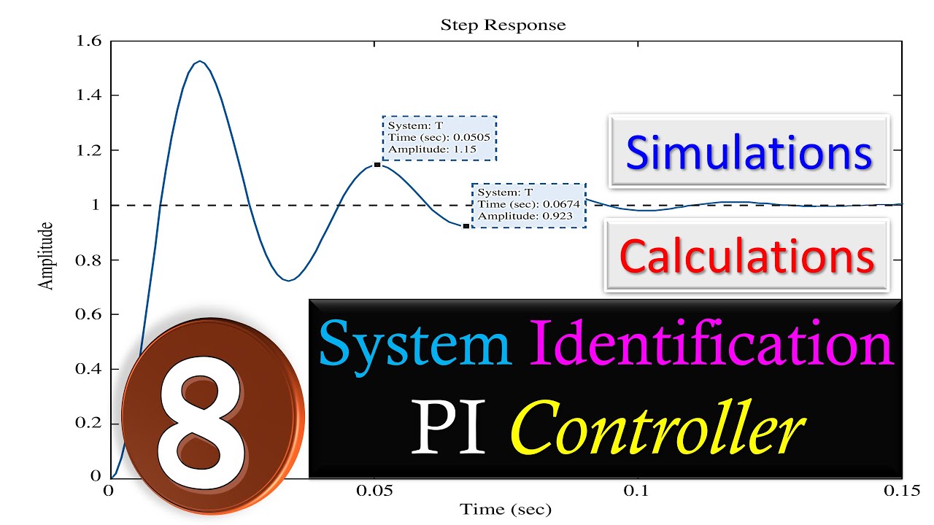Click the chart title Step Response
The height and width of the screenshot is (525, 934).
[503, 25]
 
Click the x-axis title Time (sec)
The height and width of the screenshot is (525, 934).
[505, 508]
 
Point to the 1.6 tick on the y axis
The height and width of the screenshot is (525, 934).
[88, 41]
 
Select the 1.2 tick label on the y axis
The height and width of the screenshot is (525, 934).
[88, 150]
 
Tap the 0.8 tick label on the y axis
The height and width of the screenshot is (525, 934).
[88, 260]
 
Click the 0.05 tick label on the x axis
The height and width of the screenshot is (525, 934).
[374, 491]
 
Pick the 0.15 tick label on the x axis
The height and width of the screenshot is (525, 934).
[901, 491]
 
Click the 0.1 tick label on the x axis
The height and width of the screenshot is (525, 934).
[638, 491]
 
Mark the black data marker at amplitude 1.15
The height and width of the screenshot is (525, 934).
[377, 165]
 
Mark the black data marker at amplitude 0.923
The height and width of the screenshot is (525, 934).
[466, 226]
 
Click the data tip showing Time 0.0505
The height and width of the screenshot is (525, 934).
[439, 138]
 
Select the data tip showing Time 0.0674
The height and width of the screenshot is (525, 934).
[528, 205]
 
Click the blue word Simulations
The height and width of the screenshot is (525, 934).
[749, 153]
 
